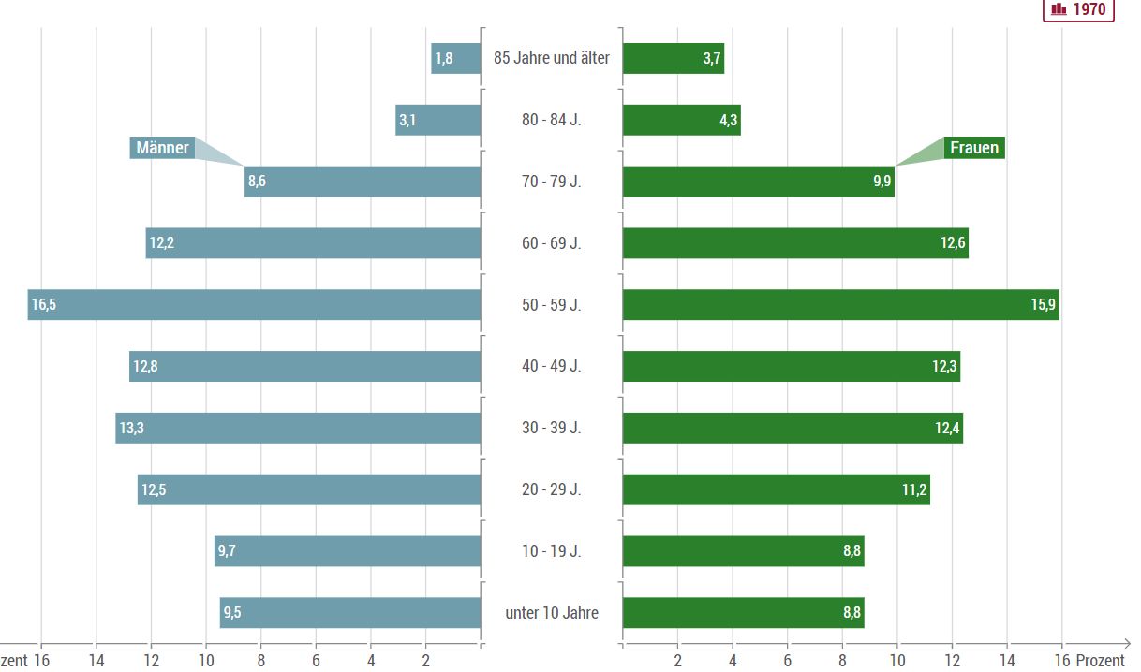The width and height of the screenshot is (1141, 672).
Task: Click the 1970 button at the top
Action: point(1078,9)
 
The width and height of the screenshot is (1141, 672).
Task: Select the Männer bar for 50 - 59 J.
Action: point(254,305)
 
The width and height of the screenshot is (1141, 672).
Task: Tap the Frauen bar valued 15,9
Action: point(840,305)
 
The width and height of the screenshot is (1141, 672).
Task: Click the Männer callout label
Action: point(162,148)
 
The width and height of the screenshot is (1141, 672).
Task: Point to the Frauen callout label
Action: point(974,148)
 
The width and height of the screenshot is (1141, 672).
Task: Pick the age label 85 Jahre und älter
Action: point(552,58)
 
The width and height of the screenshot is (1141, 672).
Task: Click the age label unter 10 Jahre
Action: point(552,613)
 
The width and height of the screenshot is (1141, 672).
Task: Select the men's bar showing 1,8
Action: point(456,58)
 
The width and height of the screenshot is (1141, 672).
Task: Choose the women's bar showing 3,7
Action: point(673,58)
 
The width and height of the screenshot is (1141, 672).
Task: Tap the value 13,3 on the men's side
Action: point(131,429)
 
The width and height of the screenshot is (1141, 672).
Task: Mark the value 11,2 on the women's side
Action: point(914,489)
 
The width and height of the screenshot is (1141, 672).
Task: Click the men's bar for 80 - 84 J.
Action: point(438,120)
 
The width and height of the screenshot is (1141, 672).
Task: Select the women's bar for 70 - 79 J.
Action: point(758,182)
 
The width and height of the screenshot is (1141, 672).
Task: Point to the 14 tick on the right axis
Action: point(1007,660)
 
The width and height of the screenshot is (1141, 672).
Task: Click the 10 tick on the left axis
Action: point(206,660)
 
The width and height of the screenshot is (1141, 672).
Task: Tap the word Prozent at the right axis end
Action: point(1100,660)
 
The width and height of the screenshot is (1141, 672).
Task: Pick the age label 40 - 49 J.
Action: point(552,366)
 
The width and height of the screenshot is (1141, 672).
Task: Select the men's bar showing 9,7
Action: point(348,551)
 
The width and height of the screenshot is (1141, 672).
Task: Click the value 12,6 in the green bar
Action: point(953,243)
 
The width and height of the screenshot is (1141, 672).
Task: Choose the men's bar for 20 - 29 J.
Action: point(309,489)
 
